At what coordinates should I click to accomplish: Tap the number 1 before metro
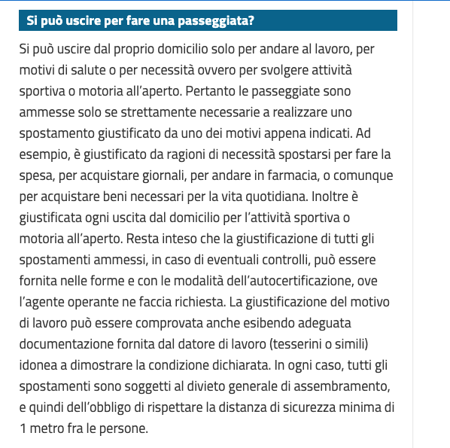(x=23, y=428)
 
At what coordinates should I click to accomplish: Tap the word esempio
(x=42, y=154)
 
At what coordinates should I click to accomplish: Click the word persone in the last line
(x=126, y=428)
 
